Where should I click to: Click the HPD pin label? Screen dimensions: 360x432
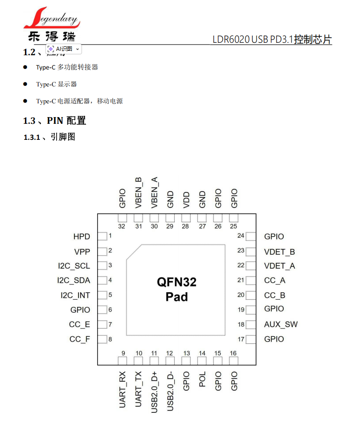pos(82,236)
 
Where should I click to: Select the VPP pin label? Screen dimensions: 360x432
pos(82,252)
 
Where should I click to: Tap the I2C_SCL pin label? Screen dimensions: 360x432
pos(74,266)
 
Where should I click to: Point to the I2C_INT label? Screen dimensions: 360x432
pos(75,295)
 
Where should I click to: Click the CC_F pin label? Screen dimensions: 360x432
pos(79,339)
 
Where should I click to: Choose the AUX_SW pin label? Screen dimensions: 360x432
pos(281,324)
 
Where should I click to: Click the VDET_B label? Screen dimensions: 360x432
pos(279,252)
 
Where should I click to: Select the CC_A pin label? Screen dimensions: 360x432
pos(274,280)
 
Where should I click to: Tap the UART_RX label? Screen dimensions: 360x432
pos(123,390)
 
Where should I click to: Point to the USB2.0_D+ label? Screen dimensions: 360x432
pos(154,392)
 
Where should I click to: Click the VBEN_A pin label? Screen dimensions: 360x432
pos(154,192)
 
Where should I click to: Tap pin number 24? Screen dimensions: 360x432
pos(241,236)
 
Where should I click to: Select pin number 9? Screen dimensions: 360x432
pos(123,353)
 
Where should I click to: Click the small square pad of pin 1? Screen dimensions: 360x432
pos(102,236)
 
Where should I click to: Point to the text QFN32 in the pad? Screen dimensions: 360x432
pos(176,282)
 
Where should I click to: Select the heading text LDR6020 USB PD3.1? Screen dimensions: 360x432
pos(252,40)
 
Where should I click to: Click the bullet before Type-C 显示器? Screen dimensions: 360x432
pos(25,84)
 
